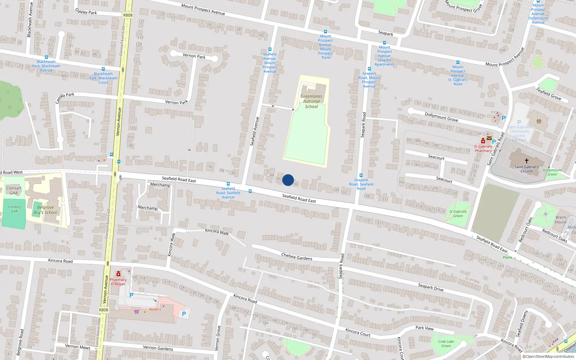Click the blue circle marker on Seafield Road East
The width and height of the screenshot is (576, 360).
point(288,180)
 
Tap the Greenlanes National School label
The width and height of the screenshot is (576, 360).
point(311,102)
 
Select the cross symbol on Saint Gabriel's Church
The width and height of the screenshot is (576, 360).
point(526,161)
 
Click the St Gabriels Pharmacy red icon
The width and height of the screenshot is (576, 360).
point(483,141)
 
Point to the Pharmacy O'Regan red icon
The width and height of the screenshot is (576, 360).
point(118,274)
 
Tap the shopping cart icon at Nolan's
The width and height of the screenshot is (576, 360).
point(136,311)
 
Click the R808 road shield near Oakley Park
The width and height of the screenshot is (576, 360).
point(128,15)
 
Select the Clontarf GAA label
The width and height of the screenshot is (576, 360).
point(14,190)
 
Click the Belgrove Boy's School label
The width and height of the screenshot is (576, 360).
point(46,210)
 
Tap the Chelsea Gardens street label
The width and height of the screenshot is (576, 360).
point(297,256)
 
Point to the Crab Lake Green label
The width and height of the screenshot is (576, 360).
point(446,344)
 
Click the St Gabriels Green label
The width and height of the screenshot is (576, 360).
point(458,214)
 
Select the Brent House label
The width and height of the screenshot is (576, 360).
point(561,220)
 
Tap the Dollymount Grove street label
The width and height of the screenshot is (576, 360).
point(441,117)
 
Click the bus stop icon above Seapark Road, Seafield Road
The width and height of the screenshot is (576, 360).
point(361,175)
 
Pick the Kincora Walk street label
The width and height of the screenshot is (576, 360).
point(217,232)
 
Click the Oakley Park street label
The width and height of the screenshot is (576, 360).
point(86,12)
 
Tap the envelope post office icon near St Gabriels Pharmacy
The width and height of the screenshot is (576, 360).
point(489,138)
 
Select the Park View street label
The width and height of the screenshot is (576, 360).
point(424,328)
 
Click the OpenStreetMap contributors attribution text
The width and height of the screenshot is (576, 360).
point(548,356)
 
